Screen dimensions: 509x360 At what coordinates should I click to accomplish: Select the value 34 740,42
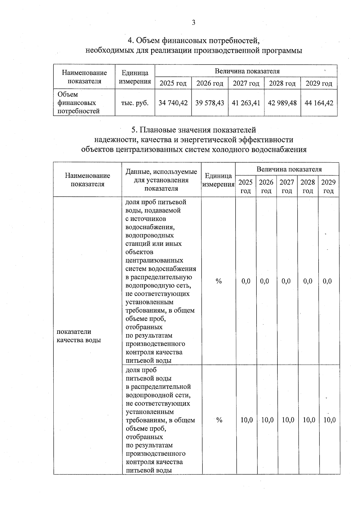(173, 103)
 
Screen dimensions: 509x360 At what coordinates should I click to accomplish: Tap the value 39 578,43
(210, 103)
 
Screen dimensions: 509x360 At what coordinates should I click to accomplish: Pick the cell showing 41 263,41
(246, 103)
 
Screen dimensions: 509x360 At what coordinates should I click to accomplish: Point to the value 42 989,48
(282, 103)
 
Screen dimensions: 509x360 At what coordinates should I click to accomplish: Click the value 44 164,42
(319, 103)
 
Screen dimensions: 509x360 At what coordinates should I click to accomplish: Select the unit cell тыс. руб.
(135, 103)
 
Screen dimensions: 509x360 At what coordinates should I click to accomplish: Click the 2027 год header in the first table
(246, 83)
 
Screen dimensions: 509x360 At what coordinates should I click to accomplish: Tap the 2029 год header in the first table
(319, 83)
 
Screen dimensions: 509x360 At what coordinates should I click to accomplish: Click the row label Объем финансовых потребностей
(78, 103)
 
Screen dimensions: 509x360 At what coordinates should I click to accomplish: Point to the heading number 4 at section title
(130, 40)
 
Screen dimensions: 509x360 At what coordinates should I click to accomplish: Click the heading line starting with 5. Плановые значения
(193, 130)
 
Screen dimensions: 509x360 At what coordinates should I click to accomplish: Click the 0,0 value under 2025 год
(246, 281)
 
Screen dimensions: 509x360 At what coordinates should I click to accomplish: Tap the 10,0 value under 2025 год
(247, 420)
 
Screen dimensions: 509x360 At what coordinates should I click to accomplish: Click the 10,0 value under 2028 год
(309, 420)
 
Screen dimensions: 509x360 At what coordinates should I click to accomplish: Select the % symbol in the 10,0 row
(219, 420)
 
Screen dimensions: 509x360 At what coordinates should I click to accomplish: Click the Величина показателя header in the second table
(289, 169)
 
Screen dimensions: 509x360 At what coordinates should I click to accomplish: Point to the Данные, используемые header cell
(161, 180)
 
